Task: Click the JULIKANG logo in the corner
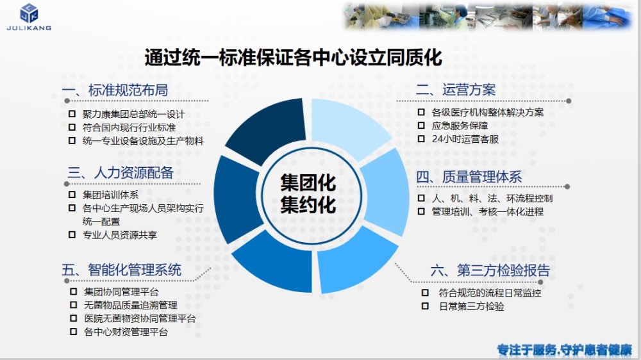click(29, 17)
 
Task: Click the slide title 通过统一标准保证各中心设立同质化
click(293, 57)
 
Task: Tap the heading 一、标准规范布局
click(115, 90)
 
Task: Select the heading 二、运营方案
click(456, 90)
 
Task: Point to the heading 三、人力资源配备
click(121, 172)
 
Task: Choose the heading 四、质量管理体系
click(469, 177)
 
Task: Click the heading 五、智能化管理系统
click(121, 270)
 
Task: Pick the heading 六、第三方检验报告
click(490, 270)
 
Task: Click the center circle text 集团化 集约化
click(308, 193)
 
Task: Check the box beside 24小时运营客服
click(421, 138)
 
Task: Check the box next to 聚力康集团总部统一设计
click(72, 113)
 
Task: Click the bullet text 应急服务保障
click(460, 126)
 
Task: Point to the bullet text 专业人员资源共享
click(120, 235)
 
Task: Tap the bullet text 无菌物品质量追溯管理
click(130, 305)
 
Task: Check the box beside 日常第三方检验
click(425, 306)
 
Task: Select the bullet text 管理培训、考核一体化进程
click(488, 211)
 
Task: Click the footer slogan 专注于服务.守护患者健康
click(565, 350)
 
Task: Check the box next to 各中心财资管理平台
click(74, 331)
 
